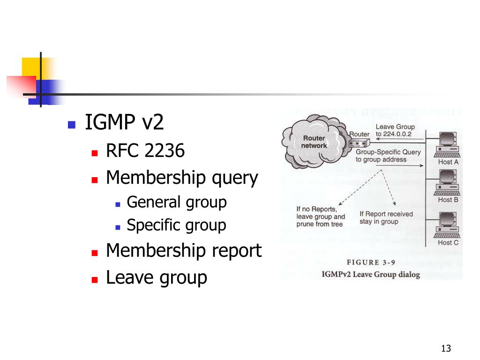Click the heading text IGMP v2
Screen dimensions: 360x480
coord(124,123)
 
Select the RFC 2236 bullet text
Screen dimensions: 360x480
coord(145,151)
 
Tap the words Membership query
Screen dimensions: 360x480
coord(182,178)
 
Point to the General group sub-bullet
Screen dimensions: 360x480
coord(177,202)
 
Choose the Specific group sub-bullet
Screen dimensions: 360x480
coord(176,225)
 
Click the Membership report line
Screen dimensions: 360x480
coord(184,250)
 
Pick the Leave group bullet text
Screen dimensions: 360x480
coord(157,277)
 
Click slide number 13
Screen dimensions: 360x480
coord(446,348)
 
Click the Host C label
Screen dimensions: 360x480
coord(448,243)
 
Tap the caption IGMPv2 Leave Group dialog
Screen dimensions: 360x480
coord(371,274)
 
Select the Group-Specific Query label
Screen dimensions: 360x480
coord(388,152)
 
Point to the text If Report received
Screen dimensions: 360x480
coord(386,214)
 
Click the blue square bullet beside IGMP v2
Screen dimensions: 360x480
coord(71,125)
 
